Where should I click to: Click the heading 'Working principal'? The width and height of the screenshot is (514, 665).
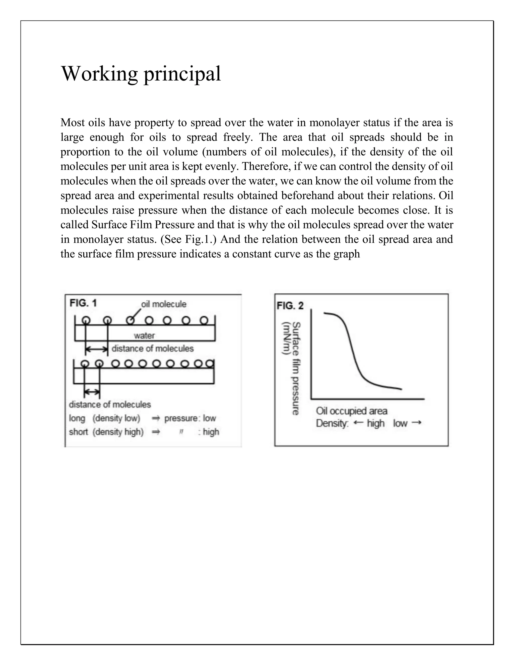[141, 74]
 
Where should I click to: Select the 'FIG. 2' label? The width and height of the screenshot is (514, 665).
[290, 306]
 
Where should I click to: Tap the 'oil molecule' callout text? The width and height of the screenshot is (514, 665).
[164, 304]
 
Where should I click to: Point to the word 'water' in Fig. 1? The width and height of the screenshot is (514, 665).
[144, 336]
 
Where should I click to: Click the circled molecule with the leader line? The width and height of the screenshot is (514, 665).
[130, 320]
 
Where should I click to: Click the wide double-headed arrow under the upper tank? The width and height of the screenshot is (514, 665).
[97, 350]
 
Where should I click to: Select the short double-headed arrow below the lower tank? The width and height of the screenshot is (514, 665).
[92, 392]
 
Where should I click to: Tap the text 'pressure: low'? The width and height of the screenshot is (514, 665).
[190, 418]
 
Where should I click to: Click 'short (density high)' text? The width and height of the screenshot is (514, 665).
[106, 432]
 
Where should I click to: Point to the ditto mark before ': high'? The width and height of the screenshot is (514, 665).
[181, 432]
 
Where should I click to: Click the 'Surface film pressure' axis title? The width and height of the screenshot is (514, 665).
[296, 368]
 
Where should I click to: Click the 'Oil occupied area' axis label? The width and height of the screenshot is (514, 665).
[351, 411]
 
